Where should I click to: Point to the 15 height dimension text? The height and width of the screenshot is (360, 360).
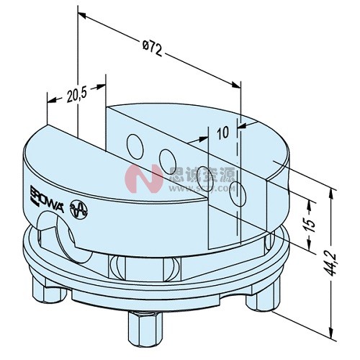[307, 224]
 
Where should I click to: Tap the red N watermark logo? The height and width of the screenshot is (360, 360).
[141, 178]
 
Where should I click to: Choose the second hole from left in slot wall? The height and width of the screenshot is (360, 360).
[168, 158]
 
